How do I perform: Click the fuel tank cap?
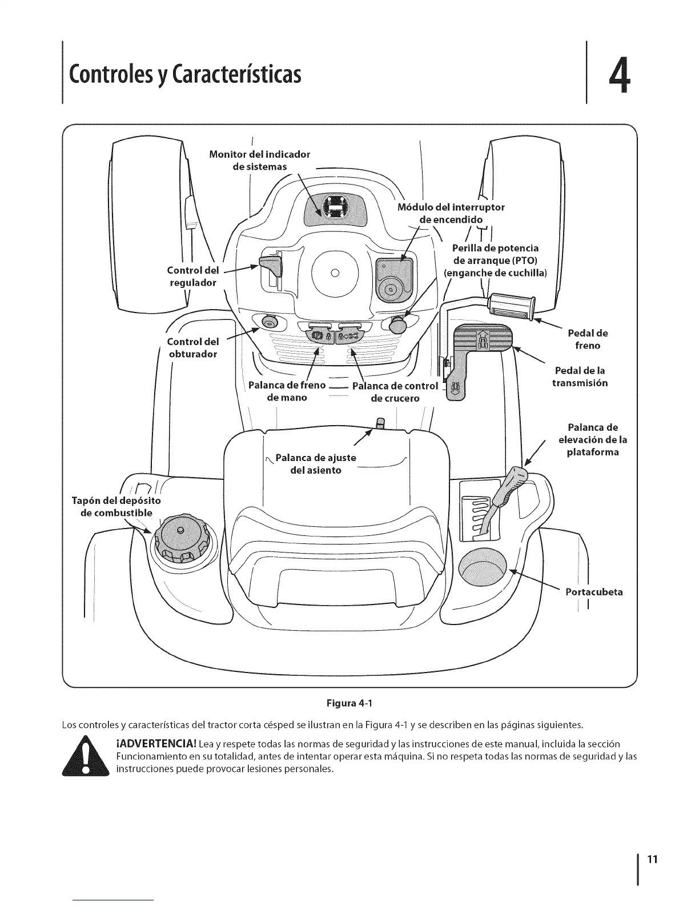180,535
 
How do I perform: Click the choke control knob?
268,322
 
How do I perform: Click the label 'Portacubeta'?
593,592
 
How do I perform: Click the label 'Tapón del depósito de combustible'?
116,506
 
